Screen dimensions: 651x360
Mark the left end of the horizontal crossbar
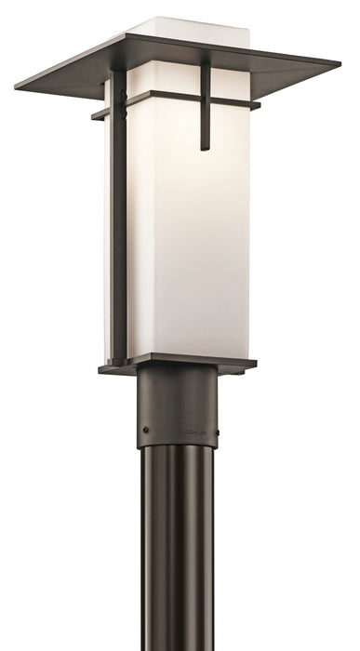[x=94, y=116]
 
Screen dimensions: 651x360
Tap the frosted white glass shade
[x=181, y=232]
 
